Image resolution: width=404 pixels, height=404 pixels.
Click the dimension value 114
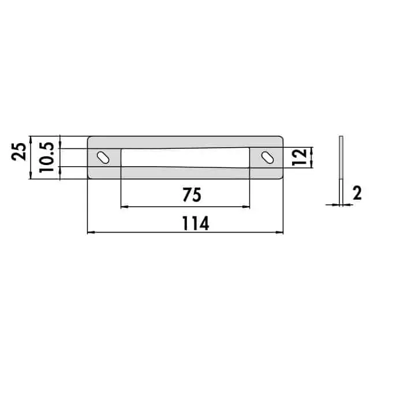click(x=196, y=223)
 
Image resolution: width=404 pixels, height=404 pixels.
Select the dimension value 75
click(x=192, y=195)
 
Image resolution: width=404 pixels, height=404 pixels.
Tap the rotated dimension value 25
click(x=19, y=152)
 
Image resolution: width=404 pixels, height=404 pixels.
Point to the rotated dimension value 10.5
click(x=46, y=157)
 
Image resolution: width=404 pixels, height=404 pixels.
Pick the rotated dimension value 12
click(x=300, y=157)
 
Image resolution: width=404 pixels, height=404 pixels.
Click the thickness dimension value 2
click(x=357, y=193)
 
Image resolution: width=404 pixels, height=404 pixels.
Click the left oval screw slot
click(x=103, y=158)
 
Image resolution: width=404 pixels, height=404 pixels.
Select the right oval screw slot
click(x=267, y=158)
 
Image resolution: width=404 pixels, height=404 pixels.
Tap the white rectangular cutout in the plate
click(x=185, y=158)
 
